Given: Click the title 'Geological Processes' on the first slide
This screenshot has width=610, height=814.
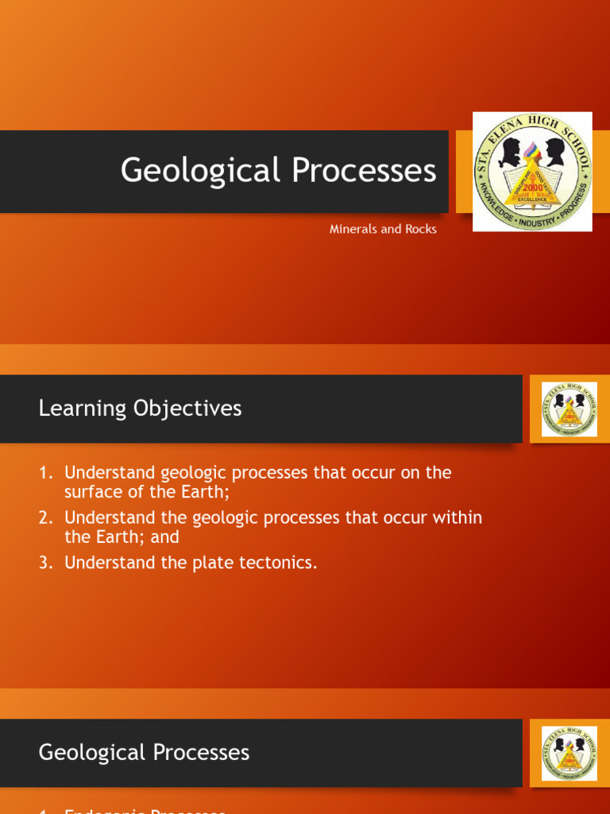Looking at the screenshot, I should click(278, 171).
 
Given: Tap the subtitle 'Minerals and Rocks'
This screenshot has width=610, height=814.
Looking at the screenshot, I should click(383, 229).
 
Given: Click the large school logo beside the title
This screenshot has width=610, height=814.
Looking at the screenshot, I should click(532, 172).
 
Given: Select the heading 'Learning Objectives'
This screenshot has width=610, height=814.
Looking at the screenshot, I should click(140, 409).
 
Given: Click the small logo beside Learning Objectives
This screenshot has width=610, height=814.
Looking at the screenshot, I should click(569, 409).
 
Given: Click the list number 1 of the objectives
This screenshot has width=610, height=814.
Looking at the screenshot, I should click(44, 473).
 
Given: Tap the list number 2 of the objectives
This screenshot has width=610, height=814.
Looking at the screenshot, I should click(44, 518).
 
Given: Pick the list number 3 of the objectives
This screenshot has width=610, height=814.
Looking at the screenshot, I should click(44, 563).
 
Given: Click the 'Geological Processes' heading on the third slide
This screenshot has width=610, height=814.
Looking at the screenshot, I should click(144, 753).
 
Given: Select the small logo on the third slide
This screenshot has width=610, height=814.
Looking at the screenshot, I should click(569, 753).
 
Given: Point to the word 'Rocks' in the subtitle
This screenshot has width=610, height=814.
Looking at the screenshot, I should click(421, 229).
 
